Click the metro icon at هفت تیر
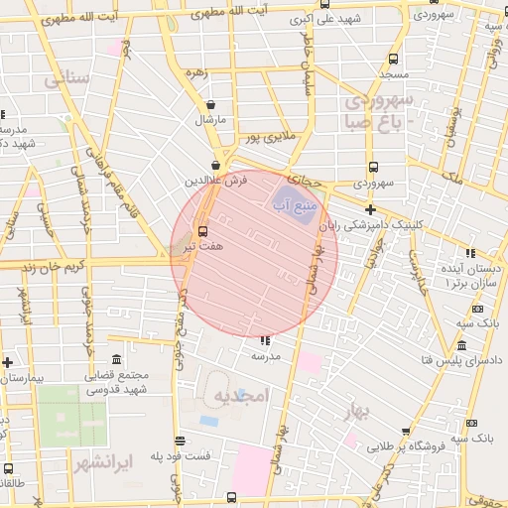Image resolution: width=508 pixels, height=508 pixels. coord(204,230)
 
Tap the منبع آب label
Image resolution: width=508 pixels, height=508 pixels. coord(294,204)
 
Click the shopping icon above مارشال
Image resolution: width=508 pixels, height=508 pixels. coord(210,104)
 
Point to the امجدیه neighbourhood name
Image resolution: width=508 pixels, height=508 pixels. coord(241,395)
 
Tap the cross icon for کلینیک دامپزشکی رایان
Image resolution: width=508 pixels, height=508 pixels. coord(370,209)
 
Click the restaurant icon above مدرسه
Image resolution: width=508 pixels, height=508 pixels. coord(265,340)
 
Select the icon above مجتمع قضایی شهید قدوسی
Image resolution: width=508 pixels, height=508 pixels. coord(117,358)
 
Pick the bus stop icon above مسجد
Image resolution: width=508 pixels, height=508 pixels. coord(394,59)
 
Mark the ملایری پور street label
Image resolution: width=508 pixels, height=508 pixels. coord(271,135)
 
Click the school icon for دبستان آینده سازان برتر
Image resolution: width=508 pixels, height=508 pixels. coord(470,253)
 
